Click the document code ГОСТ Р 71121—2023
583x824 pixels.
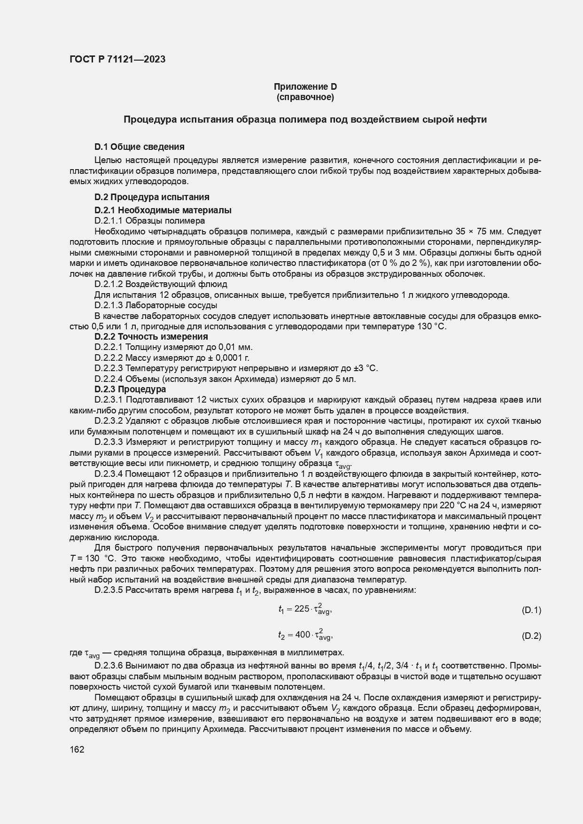pyautogui.click(x=117, y=60)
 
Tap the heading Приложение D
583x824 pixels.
pyautogui.click(x=305, y=87)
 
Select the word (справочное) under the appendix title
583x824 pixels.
pyautogui.click(x=305, y=98)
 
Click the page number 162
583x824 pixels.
pyautogui.click(x=77, y=749)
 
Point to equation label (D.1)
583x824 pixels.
pyautogui.click(x=531, y=610)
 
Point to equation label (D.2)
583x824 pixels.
pyautogui.click(x=531, y=636)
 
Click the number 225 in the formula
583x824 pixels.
pyautogui.click(x=301, y=609)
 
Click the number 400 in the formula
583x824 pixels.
pyautogui.click(x=302, y=635)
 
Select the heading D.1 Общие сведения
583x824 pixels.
pyautogui.click(x=139, y=147)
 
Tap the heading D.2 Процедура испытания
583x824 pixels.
pyautogui.click(x=152, y=197)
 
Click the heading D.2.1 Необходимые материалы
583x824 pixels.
pyautogui.click(x=163, y=210)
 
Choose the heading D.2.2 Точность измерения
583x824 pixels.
pyautogui.click(x=151, y=336)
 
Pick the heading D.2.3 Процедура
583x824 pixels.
pyautogui.click(x=130, y=389)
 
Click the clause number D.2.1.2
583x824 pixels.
pyautogui.click(x=109, y=284)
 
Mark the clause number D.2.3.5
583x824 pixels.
pyautogui.click(x=109, y=590)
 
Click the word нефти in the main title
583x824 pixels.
pyautogui.click(x=473, y=119)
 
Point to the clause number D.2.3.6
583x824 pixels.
pyautogui.click(x=109, y=666)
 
